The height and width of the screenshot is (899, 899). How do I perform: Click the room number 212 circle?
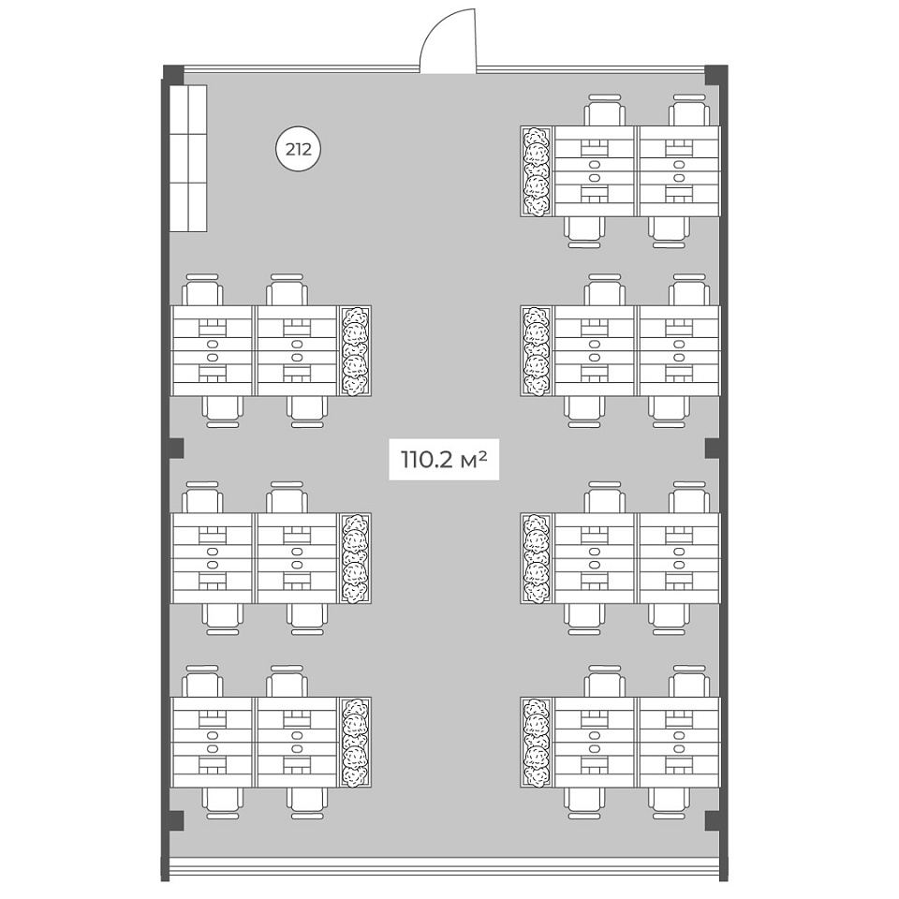(x=298, y=150)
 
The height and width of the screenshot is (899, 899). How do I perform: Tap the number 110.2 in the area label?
(x=427, y=460)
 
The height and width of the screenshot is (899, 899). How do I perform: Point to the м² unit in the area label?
(x=474, y=459)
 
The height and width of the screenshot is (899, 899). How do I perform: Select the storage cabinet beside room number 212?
(x=188, y=159)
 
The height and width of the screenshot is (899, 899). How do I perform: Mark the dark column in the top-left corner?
(x=174, y=74)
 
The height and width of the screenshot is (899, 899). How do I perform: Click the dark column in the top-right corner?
(x=716, y=74)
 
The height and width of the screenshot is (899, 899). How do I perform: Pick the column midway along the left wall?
(x=175, y=449)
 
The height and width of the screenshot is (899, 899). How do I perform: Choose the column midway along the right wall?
(x=714, y=449)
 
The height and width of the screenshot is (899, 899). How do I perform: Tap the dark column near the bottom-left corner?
(x=175, y=820)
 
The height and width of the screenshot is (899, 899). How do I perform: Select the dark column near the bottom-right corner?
(x=714, y=820)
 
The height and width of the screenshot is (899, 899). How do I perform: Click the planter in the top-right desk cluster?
(x=537, y=171)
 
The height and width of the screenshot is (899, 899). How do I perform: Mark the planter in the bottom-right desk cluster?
(x=537, y=742)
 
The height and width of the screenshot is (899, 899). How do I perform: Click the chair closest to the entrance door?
(x=605, y=111)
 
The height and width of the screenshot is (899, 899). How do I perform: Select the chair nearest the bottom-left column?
(x=223, y=803)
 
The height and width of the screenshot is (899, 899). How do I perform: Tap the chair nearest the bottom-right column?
(x=669, y=803)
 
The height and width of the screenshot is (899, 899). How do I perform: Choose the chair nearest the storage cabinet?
(x=202, y=290)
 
